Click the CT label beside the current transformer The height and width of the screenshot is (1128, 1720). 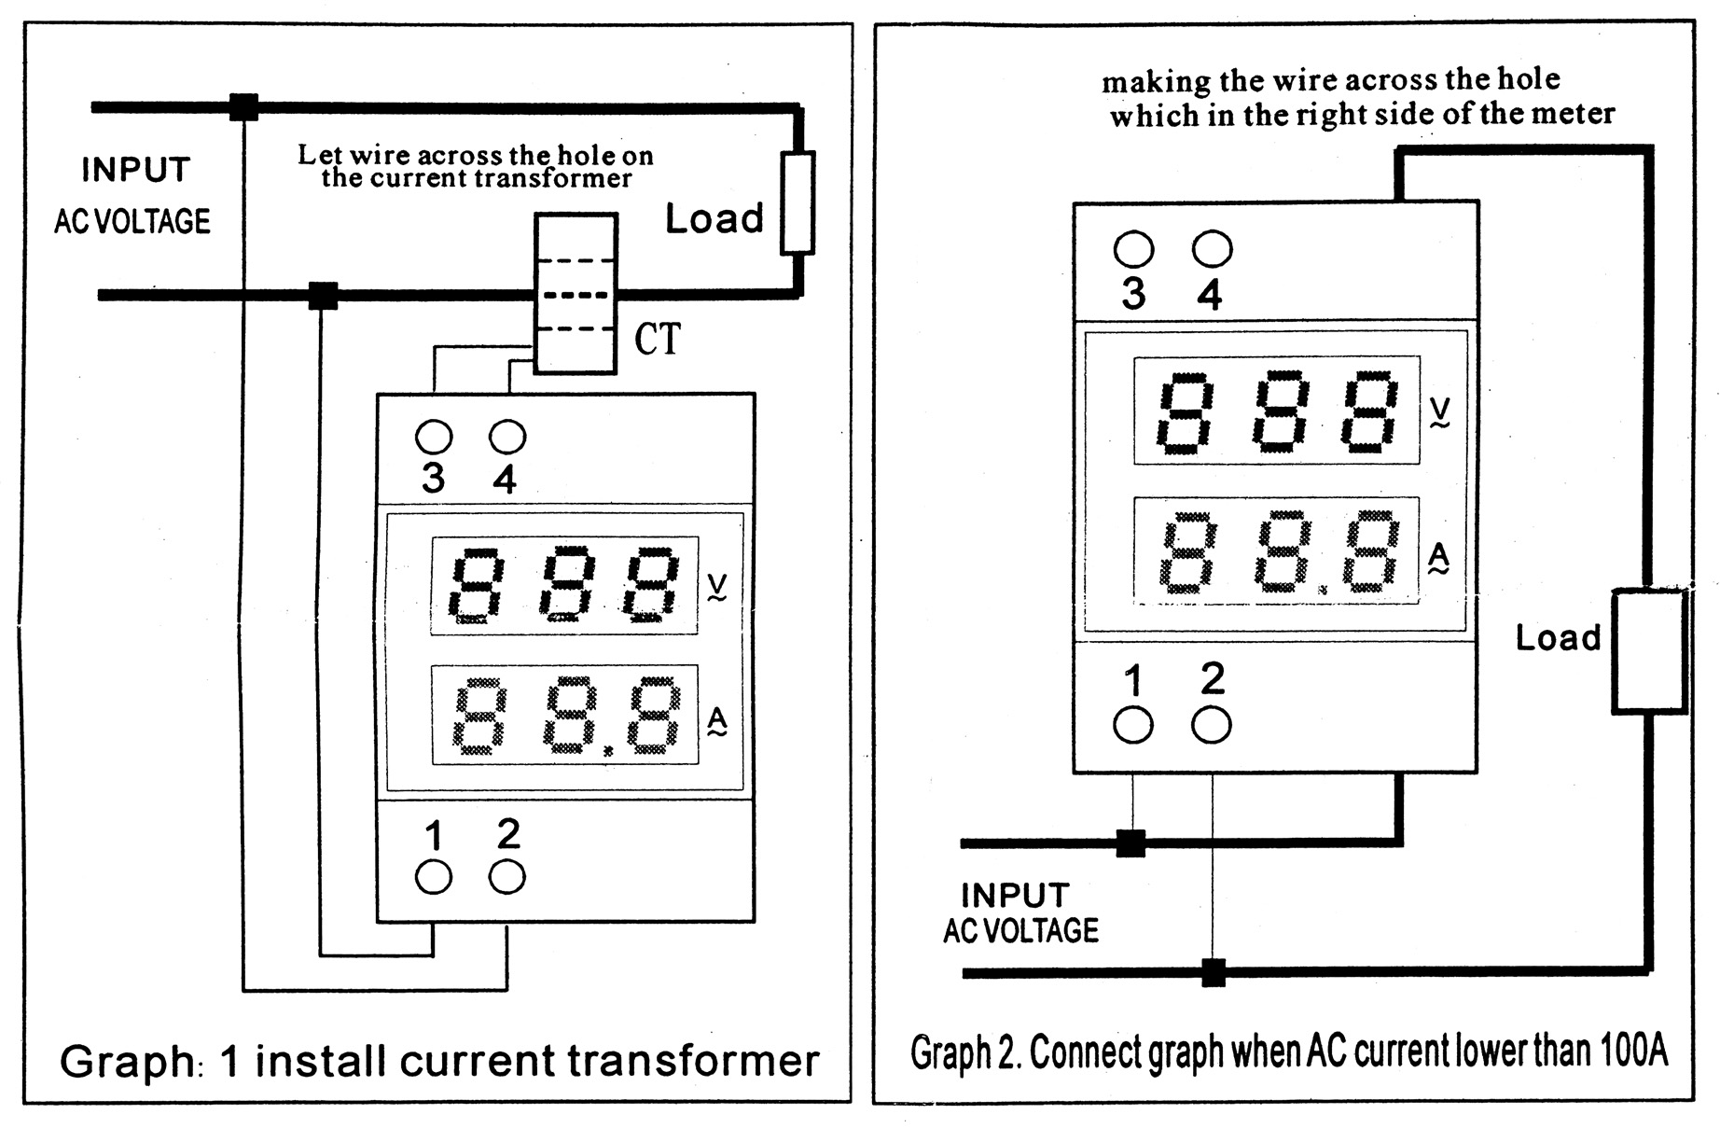[x=658, y=339]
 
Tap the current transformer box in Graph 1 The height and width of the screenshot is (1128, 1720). [x=576, y=294]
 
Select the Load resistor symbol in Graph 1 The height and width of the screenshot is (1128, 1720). [x=797, y=202]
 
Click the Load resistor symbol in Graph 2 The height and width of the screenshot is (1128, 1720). [x=1649, y=651]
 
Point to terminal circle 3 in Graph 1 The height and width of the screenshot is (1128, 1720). [x=434, y=437]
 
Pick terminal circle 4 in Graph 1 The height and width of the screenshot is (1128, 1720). [x=507, y=436]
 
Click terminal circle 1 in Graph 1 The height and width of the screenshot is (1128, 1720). [x=434, y=877]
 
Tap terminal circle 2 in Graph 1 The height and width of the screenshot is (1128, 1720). [x=507, y=876]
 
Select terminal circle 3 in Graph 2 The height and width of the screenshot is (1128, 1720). [x=1133, y=250]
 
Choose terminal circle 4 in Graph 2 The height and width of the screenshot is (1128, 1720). [x=1212, y=249]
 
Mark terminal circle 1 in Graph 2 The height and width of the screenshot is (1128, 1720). [x=1133, y=725]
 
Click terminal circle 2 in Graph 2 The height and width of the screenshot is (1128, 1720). [x=1212, y=725]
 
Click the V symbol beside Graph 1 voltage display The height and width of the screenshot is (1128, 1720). [x=716, y=587]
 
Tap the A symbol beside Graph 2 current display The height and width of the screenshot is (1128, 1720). [x=1439, y=558]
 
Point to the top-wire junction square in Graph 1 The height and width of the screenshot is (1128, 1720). [x=243, y=107]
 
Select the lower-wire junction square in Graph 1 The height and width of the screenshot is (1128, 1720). [x=323, y=296]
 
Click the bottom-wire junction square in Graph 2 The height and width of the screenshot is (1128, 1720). [x=1213, y=972]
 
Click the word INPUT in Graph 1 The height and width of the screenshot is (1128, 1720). [x=136, y=170]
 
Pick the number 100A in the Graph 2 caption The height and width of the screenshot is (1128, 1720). [x=1633, y=1051]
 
